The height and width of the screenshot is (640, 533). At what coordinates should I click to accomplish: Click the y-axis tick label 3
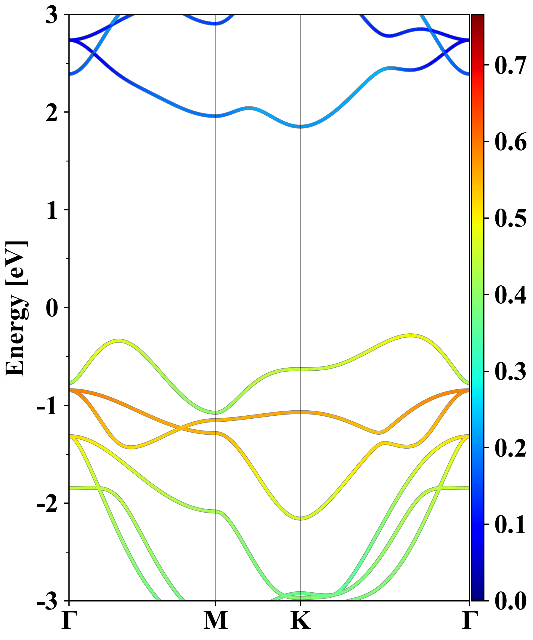[x=52, y=15]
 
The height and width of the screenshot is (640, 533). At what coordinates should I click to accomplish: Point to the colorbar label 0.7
[x=510, y=65]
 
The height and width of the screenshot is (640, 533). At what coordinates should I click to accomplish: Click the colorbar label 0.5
[x=510, y=218]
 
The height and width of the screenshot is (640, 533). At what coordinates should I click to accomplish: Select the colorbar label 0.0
[x=510, y=601]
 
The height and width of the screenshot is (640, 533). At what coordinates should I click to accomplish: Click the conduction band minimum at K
[x=300, y=126]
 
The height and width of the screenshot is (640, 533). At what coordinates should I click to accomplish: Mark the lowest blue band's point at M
[x=216, y=116]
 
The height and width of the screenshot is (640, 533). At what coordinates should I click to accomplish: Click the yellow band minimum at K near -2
[x=300, y=518]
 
